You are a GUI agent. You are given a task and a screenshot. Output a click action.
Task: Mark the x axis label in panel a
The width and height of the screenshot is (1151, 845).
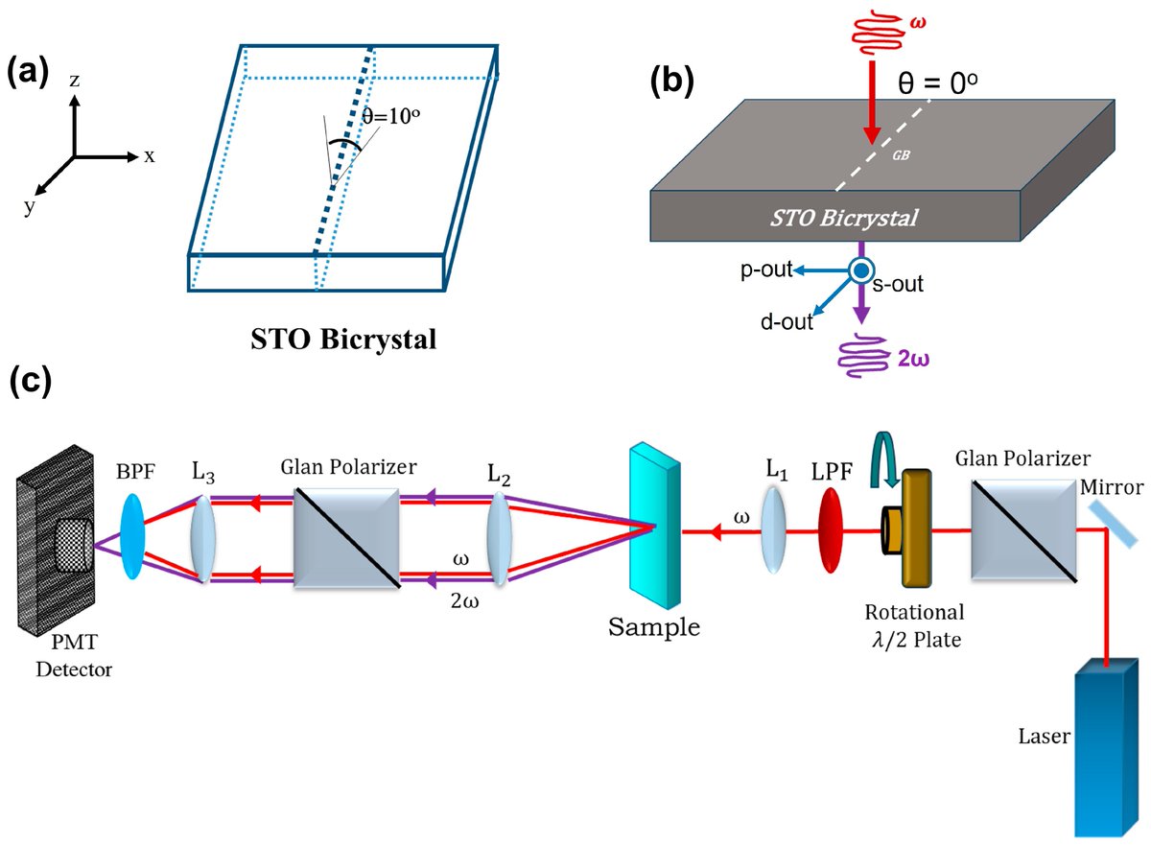pyautogui.click(x=150, y=156)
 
